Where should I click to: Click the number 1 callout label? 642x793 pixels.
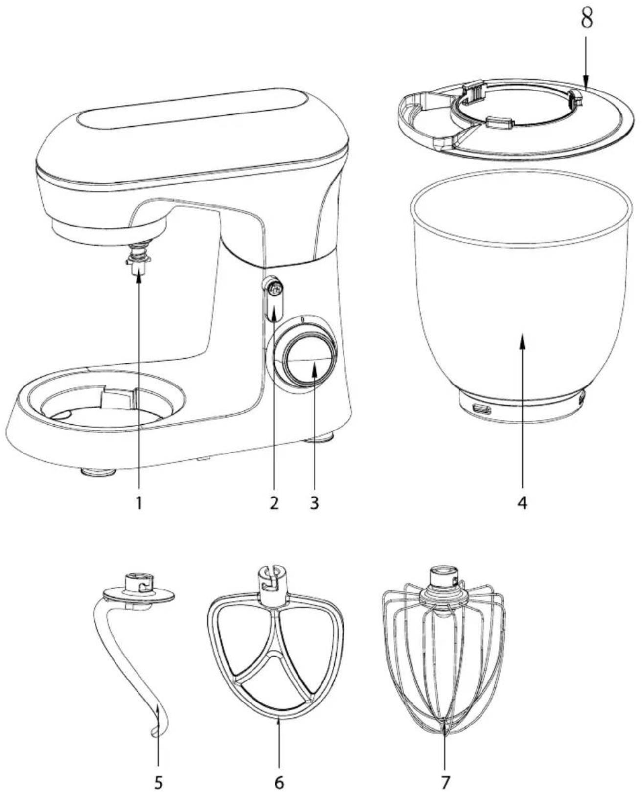point(139,503)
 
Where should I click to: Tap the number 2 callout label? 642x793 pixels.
point(274,503)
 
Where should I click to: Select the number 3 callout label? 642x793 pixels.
point(314,503)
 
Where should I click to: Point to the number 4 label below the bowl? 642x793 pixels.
point(523,503)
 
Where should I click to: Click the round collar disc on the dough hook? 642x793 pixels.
point(138,595)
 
